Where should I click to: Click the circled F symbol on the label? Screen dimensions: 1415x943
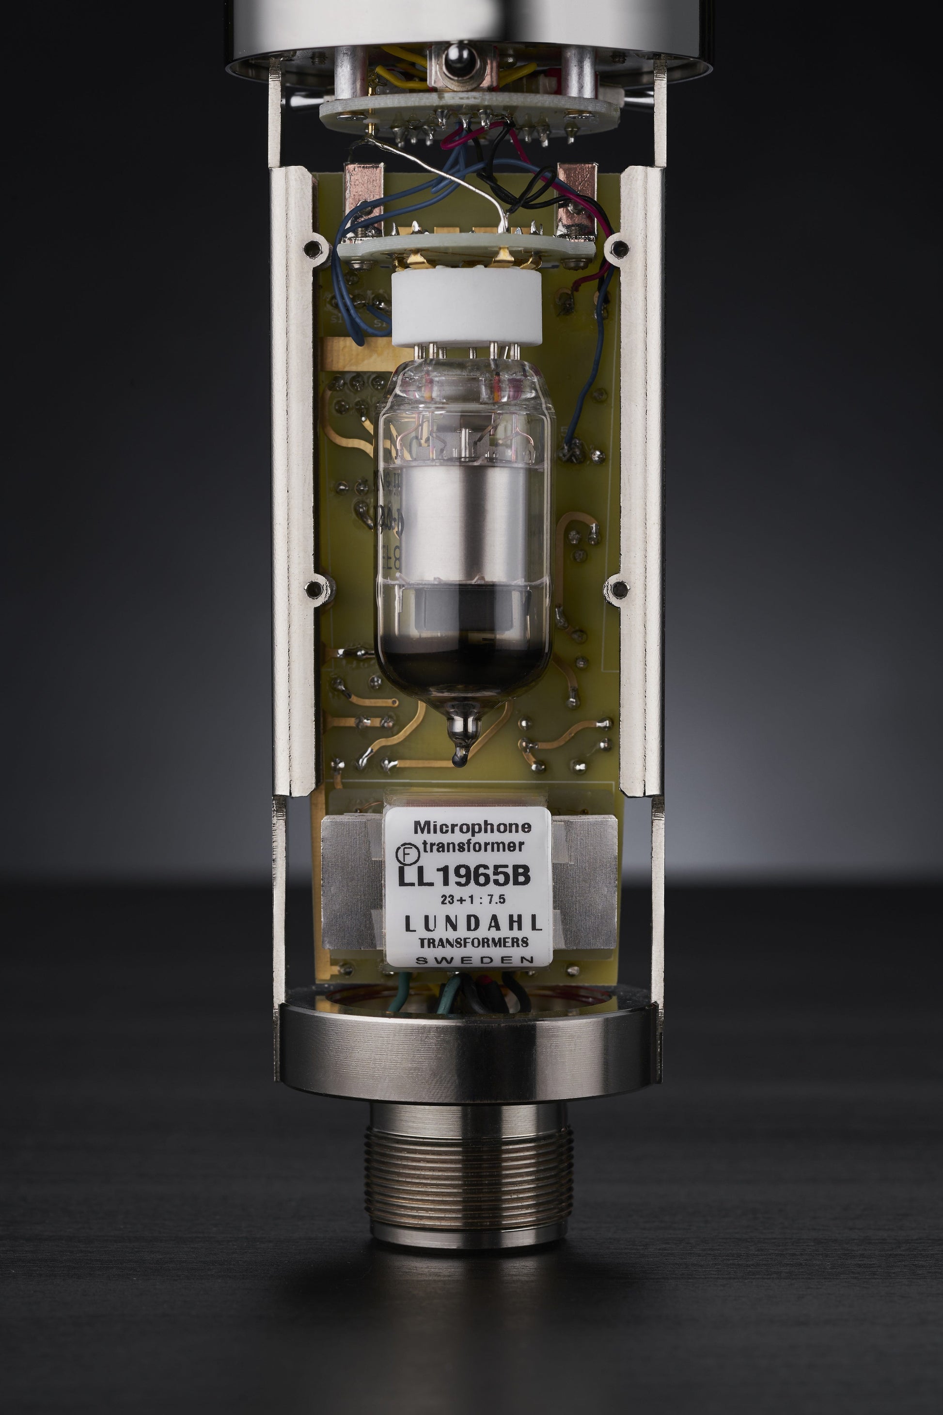(404, 853)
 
